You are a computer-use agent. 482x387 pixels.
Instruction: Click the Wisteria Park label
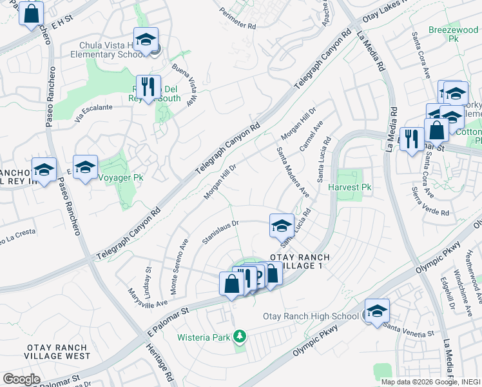click(205, 337)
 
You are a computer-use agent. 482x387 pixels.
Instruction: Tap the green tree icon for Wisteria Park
click(240, 336)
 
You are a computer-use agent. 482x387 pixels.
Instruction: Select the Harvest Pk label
click(350, 188)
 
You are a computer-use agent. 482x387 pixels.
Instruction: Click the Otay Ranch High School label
click(311, 316)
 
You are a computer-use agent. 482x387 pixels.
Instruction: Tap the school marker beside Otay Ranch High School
click(377, 311)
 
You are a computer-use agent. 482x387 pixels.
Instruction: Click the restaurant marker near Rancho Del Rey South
click(149, 86)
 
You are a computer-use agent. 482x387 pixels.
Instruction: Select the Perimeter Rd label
click(238, 21)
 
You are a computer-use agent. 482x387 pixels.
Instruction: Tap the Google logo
click(21, 379)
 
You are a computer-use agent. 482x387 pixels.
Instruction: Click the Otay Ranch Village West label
click(57, 352)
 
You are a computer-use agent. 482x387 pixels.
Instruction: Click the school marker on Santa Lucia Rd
click(282, 225)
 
